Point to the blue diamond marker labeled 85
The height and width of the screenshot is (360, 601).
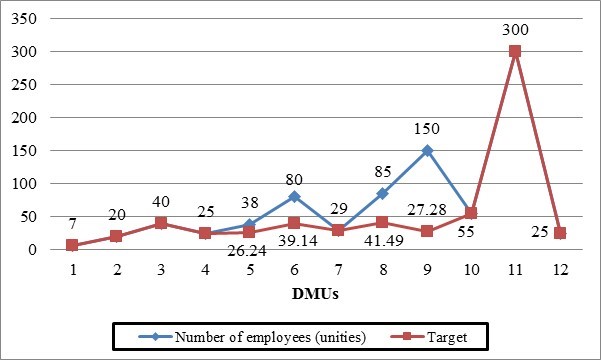click(382, 193)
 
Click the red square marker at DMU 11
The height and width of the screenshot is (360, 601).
click(514, 51)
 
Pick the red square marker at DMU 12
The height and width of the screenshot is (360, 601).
click(560, 233)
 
